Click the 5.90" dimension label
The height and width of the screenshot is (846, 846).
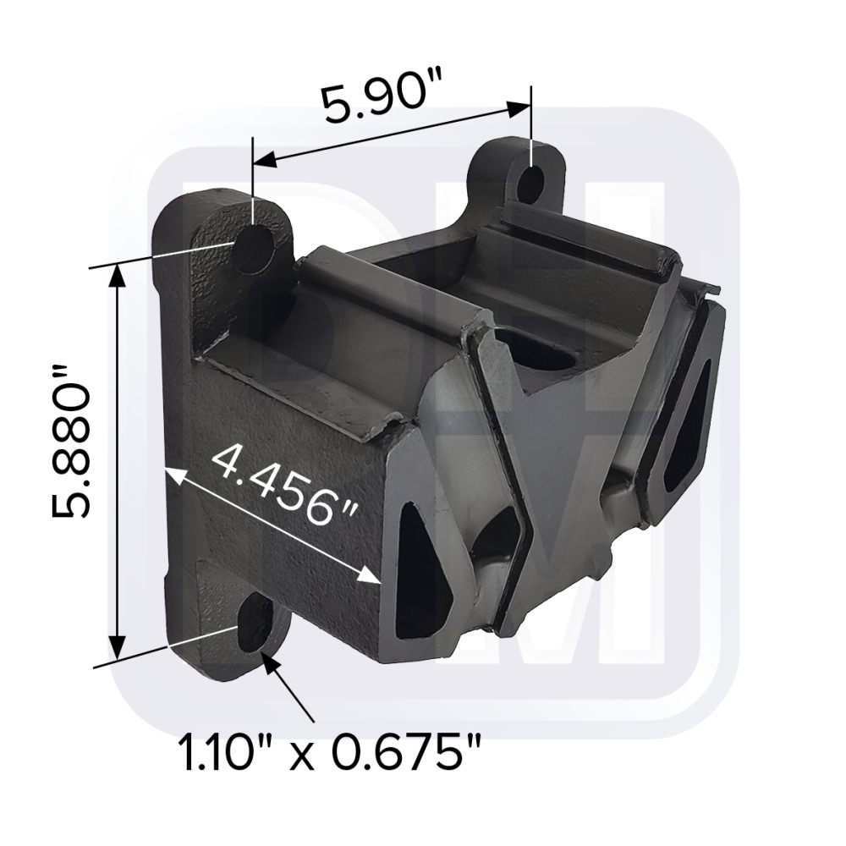click(382, 101)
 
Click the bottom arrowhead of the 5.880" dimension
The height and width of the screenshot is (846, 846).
click(117, 647)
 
